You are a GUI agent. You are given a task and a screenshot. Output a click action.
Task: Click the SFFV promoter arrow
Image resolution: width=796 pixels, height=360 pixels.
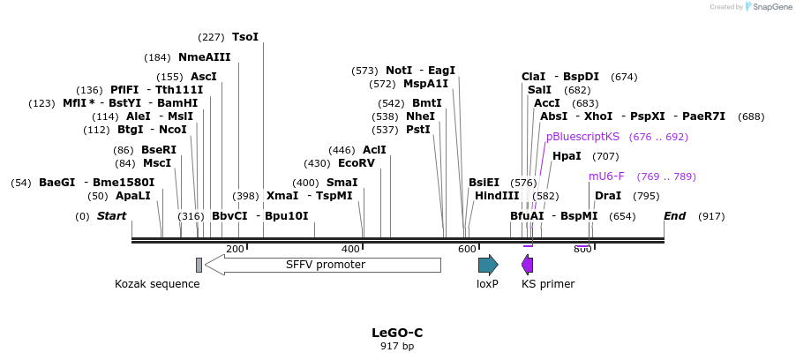click(323, 265)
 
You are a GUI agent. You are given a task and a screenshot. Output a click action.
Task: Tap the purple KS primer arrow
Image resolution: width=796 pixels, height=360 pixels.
click(528, 265)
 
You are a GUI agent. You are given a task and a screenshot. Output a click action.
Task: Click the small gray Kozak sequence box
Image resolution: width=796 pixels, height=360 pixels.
click(199, 265)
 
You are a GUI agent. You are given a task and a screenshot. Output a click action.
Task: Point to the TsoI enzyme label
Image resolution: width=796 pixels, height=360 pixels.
click(245, 37)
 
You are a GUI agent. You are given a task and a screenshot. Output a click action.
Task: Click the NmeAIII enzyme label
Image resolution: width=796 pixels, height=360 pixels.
click(204, 57)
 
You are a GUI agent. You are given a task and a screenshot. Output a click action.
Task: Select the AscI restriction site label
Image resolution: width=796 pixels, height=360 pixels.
click(204, 77)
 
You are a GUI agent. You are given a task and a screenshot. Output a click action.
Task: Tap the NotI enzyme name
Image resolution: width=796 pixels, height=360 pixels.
click(399, 71)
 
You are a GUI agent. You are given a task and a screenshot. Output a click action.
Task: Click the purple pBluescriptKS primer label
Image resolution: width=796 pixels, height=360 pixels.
click(582, 137)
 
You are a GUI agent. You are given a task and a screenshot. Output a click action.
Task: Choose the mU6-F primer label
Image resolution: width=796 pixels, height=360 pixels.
click(606, 176)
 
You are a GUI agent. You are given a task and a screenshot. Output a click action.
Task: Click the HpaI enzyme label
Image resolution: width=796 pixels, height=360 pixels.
click(567, 156)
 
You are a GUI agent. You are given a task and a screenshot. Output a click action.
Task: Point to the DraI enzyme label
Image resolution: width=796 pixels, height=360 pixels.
click(608, 196)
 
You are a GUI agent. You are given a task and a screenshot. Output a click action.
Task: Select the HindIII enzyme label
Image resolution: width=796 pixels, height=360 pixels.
click(497, 196)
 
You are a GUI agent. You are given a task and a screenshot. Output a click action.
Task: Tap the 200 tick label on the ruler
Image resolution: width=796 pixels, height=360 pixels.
click(235, 250)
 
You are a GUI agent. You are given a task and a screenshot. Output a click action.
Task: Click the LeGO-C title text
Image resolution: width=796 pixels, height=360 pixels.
click(397, 333)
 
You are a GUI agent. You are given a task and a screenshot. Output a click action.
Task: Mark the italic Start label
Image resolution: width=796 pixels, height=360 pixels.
click(111, 216)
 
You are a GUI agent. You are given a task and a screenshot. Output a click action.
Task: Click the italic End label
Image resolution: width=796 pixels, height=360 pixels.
click(675, 216)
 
